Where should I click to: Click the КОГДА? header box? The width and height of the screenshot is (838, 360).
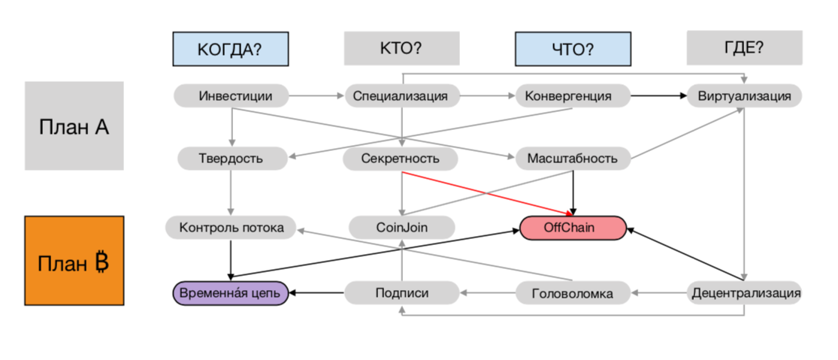pos(230,49)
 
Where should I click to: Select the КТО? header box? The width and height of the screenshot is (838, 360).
pos(401,48)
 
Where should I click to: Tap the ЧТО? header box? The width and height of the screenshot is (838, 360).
pos(573,49)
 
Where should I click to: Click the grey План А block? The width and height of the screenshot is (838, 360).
pos(74,126)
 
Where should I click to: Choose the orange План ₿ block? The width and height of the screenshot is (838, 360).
pos(74,261)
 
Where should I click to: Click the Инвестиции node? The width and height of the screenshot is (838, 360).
pos(231,95)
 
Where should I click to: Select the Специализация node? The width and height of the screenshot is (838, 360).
pos(401,95)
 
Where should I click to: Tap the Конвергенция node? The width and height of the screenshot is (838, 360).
pos(573,95)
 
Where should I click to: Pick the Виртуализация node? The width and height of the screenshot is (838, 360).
pos(744,96)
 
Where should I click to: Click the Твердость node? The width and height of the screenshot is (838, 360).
pos(231,159)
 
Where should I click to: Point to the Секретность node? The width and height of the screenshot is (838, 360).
pos(401,159)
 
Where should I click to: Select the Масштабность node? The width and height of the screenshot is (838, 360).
pos(573,159)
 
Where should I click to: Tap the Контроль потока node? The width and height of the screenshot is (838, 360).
pos(231,227)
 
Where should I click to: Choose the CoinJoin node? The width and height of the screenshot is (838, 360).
pos(401,227)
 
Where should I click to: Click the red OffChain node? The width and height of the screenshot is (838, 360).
pos(573,227)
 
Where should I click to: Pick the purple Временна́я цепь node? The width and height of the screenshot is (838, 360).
pos(230,292)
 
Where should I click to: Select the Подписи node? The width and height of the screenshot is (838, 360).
pos(401,292)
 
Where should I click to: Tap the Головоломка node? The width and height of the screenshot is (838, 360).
pos(573,292)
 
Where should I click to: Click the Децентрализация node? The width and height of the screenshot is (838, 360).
pos(744,292)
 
